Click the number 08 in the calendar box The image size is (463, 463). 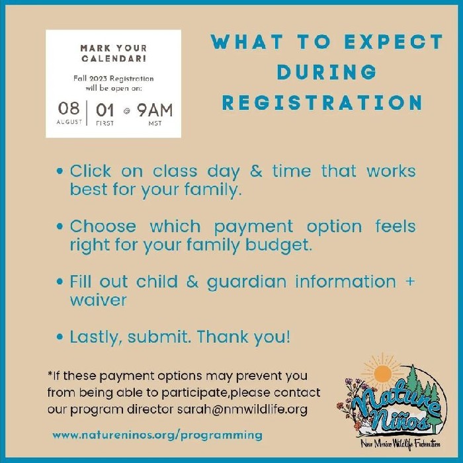point(69,109)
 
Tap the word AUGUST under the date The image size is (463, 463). point(69,122)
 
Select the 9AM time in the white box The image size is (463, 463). point(154,109)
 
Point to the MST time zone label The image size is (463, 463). point(155,123)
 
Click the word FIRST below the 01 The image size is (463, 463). point(105,123)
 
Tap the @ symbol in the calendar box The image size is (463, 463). point(126,110)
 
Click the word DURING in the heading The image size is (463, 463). point(327,72)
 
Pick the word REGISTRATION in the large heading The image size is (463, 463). point(322,103)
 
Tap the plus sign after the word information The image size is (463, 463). point(409,281)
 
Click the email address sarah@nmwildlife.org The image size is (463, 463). point(242,409)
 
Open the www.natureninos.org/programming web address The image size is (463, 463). point(157,435)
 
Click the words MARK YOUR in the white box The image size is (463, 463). point(113,48)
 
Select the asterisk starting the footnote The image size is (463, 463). point(50,375)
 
